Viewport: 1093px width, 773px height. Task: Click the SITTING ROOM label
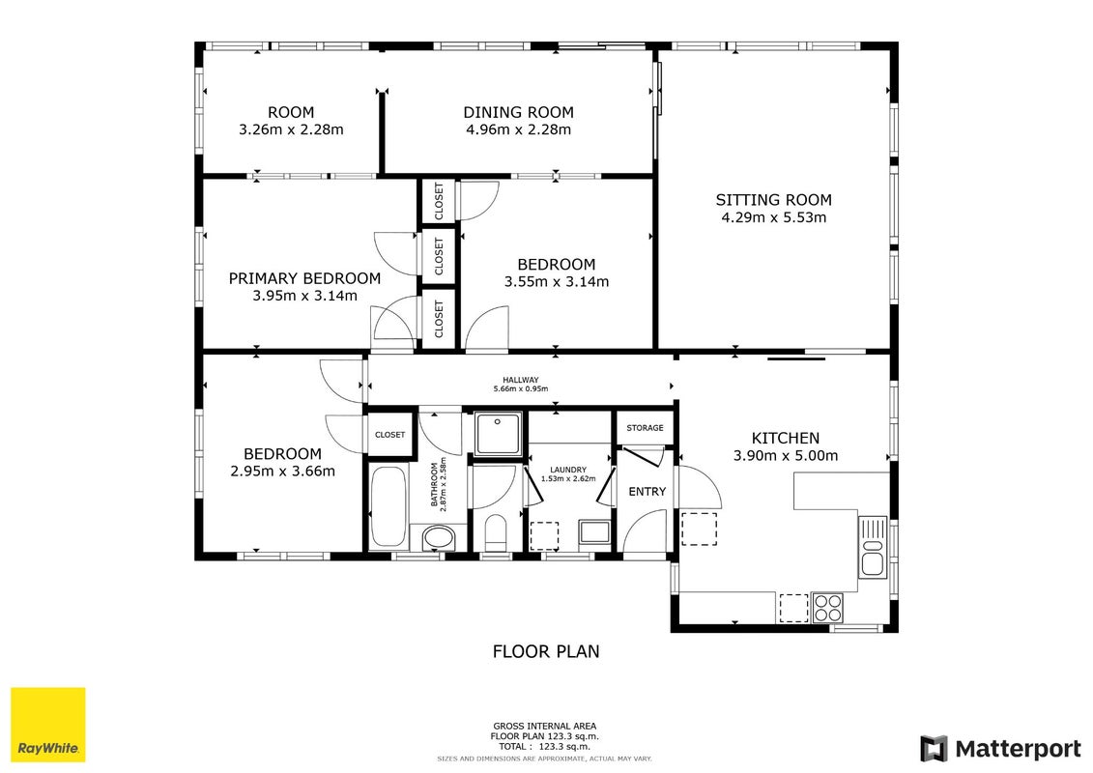click(x=774, y=200)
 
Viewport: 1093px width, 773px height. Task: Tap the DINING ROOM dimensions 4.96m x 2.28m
click(x=519, y=129)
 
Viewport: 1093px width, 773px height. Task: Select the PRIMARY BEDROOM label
click(x=304, y=278)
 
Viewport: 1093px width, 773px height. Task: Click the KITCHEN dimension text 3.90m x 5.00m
click(x=786, y=456)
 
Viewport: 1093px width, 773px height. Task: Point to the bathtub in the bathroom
click(x=388, y=505)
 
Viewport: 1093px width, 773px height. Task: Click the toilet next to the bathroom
click(x=496, y=532)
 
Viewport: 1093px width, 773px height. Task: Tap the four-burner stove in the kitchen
click(x=828, y=607)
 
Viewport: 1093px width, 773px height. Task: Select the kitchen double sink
click(x=873, y=547)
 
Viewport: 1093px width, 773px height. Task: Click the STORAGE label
click(x=645, y=428)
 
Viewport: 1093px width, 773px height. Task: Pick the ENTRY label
click(x=647, y=492)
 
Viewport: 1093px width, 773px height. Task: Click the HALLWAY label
click(x=521, y=380)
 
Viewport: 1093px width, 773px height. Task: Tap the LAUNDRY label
click(x=568, y=470)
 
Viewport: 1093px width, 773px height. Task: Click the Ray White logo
click(x=48, y=725)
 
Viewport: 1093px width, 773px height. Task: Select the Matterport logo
click(x=1001, y=749)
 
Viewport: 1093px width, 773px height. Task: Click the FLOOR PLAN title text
click(x=546, y=651)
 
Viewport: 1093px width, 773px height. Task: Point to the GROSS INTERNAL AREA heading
click(x=544, y=727)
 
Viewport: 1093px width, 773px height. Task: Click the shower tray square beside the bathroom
click(x=497, y=433)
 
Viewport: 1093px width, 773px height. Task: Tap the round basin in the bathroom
click(x=439, y=538)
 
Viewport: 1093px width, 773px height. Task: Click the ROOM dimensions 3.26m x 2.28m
click(x=292, y=129)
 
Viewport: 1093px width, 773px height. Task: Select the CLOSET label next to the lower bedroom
click(x=389, y=435)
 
